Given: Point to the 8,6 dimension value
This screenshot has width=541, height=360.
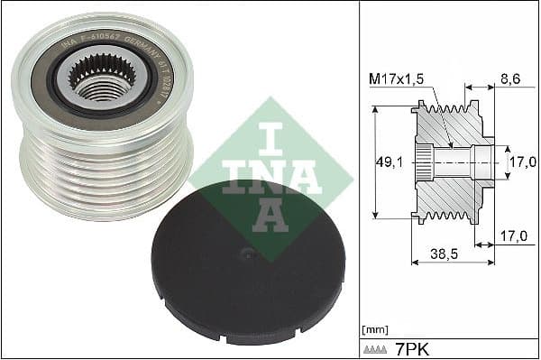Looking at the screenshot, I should tap(511, 80).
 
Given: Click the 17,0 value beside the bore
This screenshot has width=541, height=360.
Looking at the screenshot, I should tap(523, 162).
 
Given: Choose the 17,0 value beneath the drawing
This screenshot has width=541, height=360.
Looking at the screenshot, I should tap(514, 236).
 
